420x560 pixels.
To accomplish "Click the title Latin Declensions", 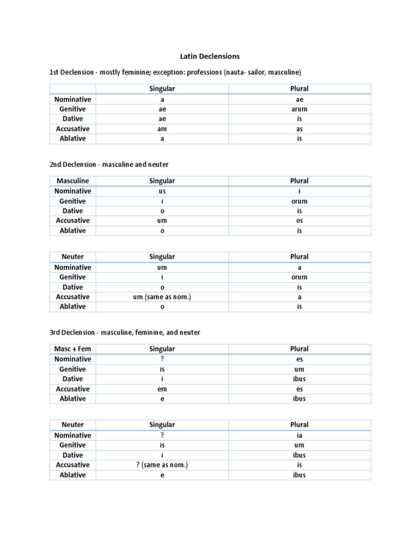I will click(x=210, y=56).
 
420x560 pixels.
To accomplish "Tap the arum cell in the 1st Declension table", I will click(x=299, y=109).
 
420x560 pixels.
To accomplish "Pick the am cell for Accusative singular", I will click(x=162, y=129).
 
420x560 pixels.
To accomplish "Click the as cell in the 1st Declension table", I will click(x=299, y=129).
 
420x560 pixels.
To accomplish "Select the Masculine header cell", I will click(x=72, y=181).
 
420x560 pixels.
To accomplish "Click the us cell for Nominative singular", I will click(x=162, y=191).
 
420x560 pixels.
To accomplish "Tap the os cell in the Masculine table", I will click(x=299, y=221).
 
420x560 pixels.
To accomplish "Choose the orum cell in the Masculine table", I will click(x=299, y=201).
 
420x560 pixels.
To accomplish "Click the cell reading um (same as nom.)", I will click(x=162, y=297).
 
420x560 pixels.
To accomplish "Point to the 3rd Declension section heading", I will click(x=125, y=332).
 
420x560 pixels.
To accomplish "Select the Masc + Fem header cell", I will click(x=72, y=349).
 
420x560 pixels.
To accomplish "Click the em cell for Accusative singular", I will click(x=162, y=389).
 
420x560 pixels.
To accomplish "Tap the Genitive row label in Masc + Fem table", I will click(x=72, y=369).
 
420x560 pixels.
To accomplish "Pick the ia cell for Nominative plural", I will click(x=299, y=436).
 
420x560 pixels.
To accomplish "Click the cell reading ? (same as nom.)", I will click(x=162, y=465).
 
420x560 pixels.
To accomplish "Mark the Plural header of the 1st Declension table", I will click(x=299, y=89).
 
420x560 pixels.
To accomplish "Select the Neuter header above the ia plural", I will click(x=72, y=425).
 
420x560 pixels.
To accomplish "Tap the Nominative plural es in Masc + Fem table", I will click(x=299, y=359).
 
